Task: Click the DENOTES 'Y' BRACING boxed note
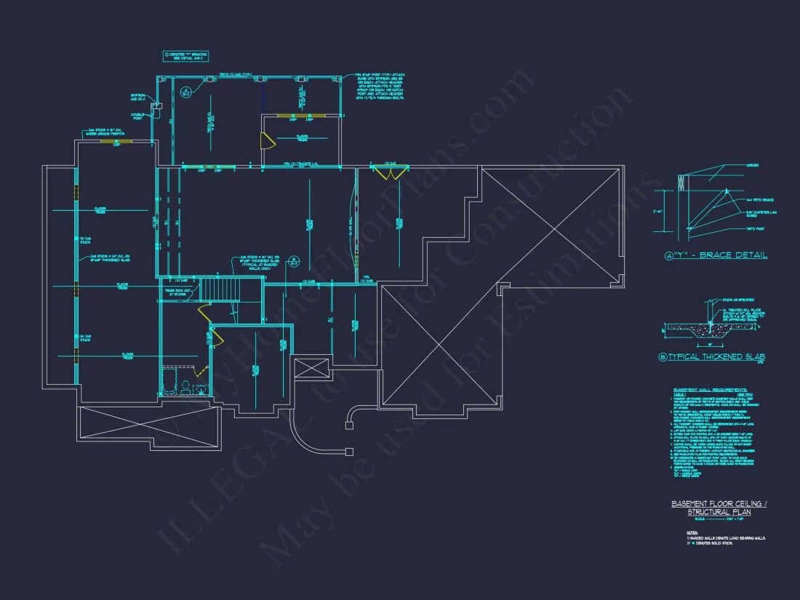coord(185,56)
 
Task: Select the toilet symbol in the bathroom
coord(185,384)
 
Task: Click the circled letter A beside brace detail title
coord(670,256)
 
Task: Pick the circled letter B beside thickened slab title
coord(663,357)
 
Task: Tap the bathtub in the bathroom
coord(169,380)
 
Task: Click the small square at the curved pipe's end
coord(351,452)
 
